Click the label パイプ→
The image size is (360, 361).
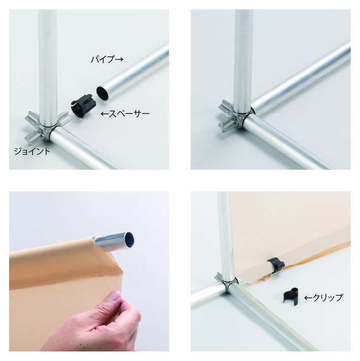107,59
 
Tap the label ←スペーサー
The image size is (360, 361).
125,113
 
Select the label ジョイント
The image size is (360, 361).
32,151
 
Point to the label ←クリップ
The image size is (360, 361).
323,297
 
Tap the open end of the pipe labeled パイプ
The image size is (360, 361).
103,93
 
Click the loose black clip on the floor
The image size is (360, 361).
290,297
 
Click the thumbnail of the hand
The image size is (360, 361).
114,297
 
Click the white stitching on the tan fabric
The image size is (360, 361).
67,279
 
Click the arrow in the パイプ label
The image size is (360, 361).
119,59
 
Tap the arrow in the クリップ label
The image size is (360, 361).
308,298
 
